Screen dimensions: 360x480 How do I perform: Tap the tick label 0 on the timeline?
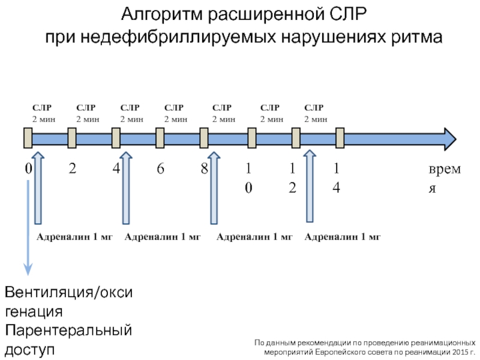(x=28, y=169)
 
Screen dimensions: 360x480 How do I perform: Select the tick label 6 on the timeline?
(x=160, y=169)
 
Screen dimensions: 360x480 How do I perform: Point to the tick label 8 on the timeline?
(x=205, y=169)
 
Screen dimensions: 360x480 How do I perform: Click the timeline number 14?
(x=337, y=178)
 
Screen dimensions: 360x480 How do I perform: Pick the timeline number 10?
(x=248, y=178)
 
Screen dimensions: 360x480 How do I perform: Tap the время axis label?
(x=445, y=178)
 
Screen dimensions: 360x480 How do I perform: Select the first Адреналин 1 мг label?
(x=75, y=237)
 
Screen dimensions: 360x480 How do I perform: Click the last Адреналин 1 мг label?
(x=343, y=237)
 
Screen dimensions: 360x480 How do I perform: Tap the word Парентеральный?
(x=68, y=331)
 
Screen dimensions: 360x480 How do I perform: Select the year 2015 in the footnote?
(x=456, y=352)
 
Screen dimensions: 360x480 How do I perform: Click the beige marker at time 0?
(x=28, y=138)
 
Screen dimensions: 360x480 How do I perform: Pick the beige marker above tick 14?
(x=340, y=138)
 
